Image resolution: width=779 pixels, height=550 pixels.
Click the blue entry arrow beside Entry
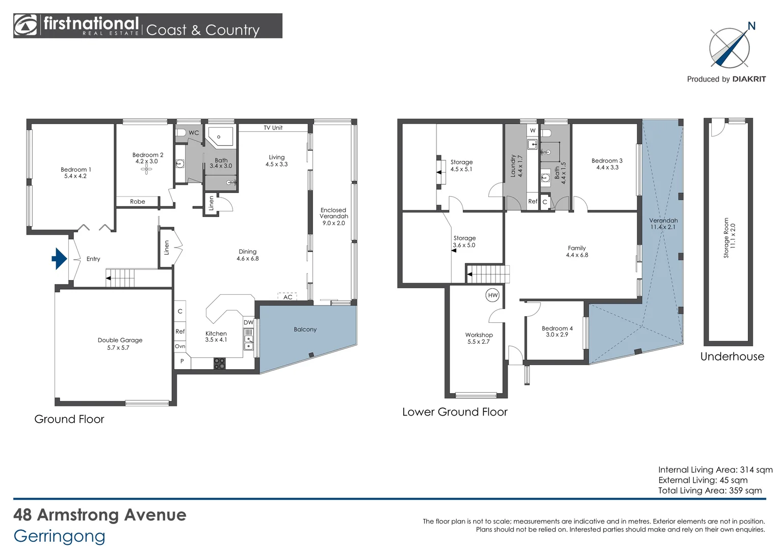[60, 259]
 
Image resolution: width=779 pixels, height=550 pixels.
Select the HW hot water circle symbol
[492, 295]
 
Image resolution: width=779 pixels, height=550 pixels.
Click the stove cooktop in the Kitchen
[219, 364]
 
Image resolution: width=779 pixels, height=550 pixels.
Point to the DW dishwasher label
[248, 322]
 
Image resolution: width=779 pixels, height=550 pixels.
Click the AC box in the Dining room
[288, 297]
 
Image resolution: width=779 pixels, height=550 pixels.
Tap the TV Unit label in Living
[273, 128]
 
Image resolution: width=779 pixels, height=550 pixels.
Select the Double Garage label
[120, 340]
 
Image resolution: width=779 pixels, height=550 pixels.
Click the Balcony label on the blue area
[305, 329]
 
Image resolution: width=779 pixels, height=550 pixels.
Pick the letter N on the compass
[751, 26]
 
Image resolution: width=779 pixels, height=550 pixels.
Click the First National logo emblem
[25, 25]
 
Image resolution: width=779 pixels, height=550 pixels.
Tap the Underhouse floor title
[732, 356]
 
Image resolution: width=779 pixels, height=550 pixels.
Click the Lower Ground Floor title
[455, 412]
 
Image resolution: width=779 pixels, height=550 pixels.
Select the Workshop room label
[479, 335]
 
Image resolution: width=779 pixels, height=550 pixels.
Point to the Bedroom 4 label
[557, 328]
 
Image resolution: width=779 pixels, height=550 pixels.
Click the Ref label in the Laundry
[532, 202]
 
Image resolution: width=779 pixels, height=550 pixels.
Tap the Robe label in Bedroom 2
[137, 202]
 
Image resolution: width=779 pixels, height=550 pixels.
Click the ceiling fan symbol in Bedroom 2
[147, 170]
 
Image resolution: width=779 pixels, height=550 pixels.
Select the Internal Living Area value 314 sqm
[756, 470]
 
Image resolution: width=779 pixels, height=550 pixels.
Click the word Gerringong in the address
[60, 536]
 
